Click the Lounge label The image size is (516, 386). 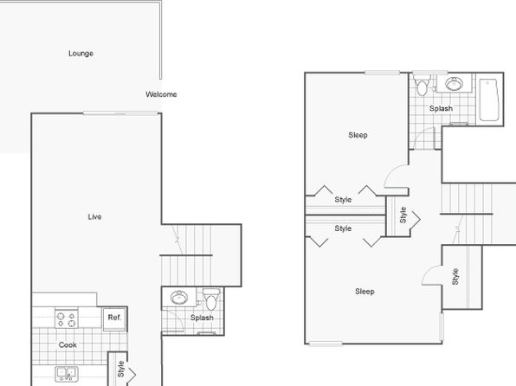click(81, 54)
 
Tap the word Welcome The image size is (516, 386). click(161, 94)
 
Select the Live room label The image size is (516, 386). click(94, 216)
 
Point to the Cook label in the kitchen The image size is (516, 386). click(68, 344)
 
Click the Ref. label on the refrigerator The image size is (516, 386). click(114, 318)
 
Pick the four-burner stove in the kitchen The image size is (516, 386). click(67, 318)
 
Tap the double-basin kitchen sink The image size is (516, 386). click(67, 374)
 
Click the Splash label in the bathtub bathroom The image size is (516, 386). click(441, 108)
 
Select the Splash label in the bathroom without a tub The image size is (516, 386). click(202, 318)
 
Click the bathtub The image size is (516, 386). click(489, 100)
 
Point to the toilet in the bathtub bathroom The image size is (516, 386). click(422, 85)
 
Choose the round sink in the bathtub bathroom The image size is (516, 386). click(455, 84)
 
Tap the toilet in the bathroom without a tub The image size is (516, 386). click(211, 299)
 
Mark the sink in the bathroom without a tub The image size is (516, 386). click(179, 298)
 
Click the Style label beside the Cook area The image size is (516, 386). click(120, 369)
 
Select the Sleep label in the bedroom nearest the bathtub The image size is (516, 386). click(358, 135)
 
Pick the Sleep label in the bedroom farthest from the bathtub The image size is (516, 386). click(364, 291)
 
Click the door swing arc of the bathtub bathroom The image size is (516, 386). click(422, 133)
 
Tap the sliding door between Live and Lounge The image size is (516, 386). click(120, 113)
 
